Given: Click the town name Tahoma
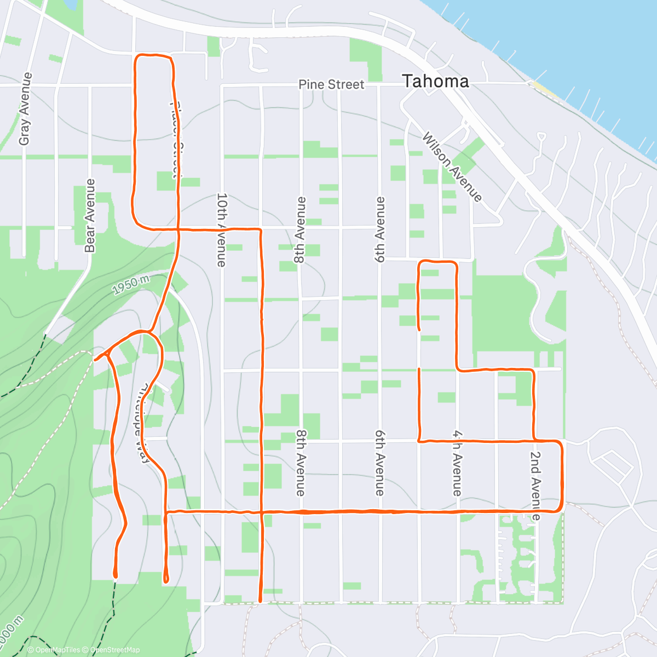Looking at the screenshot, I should [x=436, y=82].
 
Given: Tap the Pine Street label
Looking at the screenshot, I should [x=331, y=84].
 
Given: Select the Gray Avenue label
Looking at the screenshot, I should [x=24, y=109].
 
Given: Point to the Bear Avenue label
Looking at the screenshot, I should [x=90, y=216].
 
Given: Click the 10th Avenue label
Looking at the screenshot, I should [x=221, y=229].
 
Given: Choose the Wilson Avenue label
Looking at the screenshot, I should [x=452, y=166].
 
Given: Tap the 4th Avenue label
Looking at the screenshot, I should [x=457, y=463].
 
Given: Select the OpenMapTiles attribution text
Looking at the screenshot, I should [x=54, y=650].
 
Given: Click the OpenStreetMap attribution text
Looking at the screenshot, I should [x=114, y=650].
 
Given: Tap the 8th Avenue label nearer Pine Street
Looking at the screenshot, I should [x=299, y=230].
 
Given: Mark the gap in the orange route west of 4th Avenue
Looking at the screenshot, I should [x=419, y=349].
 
